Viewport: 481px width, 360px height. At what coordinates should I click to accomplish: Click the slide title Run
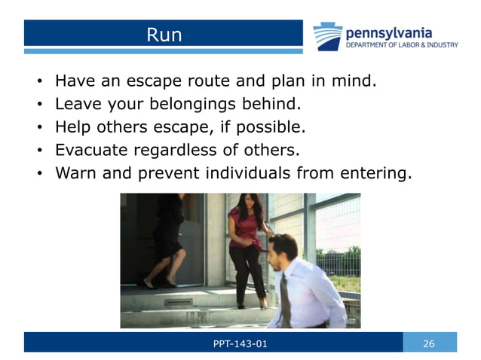click(164, 35)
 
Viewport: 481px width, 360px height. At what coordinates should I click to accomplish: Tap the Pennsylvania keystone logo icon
click(328, 35)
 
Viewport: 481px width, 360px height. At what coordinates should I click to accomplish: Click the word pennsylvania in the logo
click(389, 32)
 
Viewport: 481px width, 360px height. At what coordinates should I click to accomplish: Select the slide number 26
click(429, 343)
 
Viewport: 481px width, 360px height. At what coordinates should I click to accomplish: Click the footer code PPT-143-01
click(240, 343)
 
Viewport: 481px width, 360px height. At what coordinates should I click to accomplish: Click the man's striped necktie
click(286, 298)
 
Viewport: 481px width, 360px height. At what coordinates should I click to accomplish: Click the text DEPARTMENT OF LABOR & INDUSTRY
click(401, 45)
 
